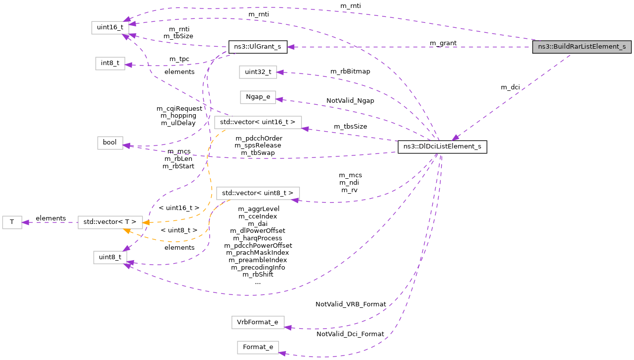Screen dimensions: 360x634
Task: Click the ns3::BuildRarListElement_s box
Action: pyautogui.click(x=581, y=47)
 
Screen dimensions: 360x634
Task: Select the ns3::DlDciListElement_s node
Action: pyautogui.click(x=442, y=147)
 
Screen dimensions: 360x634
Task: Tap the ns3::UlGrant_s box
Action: pyautogui.click(x=257, y=47)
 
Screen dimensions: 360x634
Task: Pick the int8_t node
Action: pyautogui.click(x=110, y=64)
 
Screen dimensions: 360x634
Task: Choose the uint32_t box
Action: pyautogui.click(x=257, y=72)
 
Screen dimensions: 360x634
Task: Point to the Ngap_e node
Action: pyautogui.click(x=257, y=97)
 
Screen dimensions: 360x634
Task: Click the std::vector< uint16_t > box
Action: pyautogui.click(x=257, y=122)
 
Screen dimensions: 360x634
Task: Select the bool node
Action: pyautogui.click(x=110, y=143)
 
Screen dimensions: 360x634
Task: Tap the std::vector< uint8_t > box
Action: pyautogui.click(x=258, y=193)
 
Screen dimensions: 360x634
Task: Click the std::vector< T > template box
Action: pyautogui.click(x=110, y=222)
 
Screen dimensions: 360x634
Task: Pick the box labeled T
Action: pyautogui.click(x=12, y=222)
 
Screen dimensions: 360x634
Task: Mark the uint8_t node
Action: pyautogui.click(x=109, y=257)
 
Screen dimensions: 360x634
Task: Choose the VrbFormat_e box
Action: pyautogui.click(x=257, y=322)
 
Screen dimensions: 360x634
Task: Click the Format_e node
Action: pyautogui.click(x=257, y=347)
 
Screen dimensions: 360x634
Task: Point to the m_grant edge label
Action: pyautogui.click(x=443, y=43)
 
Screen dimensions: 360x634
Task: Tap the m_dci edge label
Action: pyautogui.click(x=510, y=87)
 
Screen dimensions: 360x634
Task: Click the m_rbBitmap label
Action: pyautogui.click(x=350, y=71)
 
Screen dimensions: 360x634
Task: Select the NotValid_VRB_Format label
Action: pyautogui.click(x=350, y=304)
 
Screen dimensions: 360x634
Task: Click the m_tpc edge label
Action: pyautogui.click(x=179, y=59)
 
